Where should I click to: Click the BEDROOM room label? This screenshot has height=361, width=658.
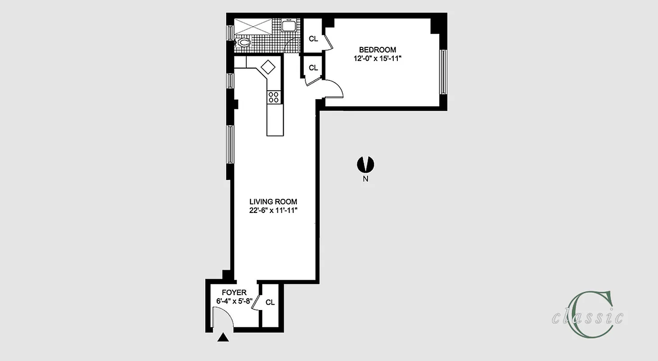pos(377,50)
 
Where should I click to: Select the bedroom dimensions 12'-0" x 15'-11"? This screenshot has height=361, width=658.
pos(377,58)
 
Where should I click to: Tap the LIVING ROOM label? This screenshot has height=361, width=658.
pos(274,202)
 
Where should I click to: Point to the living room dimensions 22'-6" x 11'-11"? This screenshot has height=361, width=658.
pos(274,210)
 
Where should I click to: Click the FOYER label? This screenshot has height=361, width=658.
pos(234,293)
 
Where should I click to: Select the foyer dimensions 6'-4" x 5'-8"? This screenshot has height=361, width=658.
pos(234,301)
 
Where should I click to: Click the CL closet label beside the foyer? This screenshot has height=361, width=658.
pos(270,302)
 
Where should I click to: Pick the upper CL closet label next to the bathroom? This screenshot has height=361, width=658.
pos(313,39)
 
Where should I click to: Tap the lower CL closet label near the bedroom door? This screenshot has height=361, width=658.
pos(313,68)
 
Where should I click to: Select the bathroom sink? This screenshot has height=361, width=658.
pos(289,26)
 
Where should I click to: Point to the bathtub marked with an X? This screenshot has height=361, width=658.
pos(253,26)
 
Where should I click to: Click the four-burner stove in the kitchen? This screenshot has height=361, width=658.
pos(274,97)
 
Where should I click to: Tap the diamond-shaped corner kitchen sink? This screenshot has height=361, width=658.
pos(268,67)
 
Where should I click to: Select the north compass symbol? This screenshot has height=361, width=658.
pos(365,165)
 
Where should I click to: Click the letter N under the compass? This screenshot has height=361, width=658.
pos(366,179)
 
